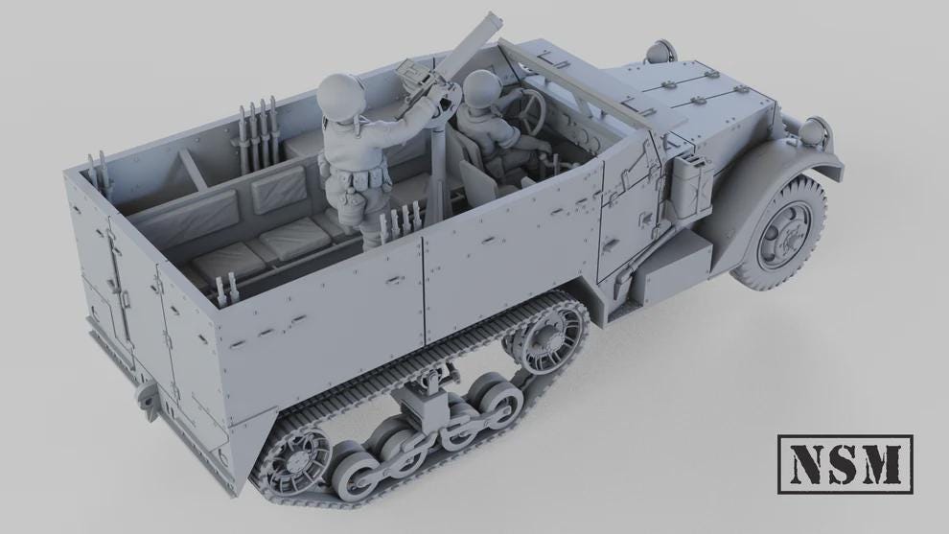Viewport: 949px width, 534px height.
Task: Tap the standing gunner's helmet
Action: tap(342, 95)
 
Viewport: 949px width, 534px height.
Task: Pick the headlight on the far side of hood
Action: tap(660, 50)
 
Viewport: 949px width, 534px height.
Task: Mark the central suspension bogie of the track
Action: tap(422, 403)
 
